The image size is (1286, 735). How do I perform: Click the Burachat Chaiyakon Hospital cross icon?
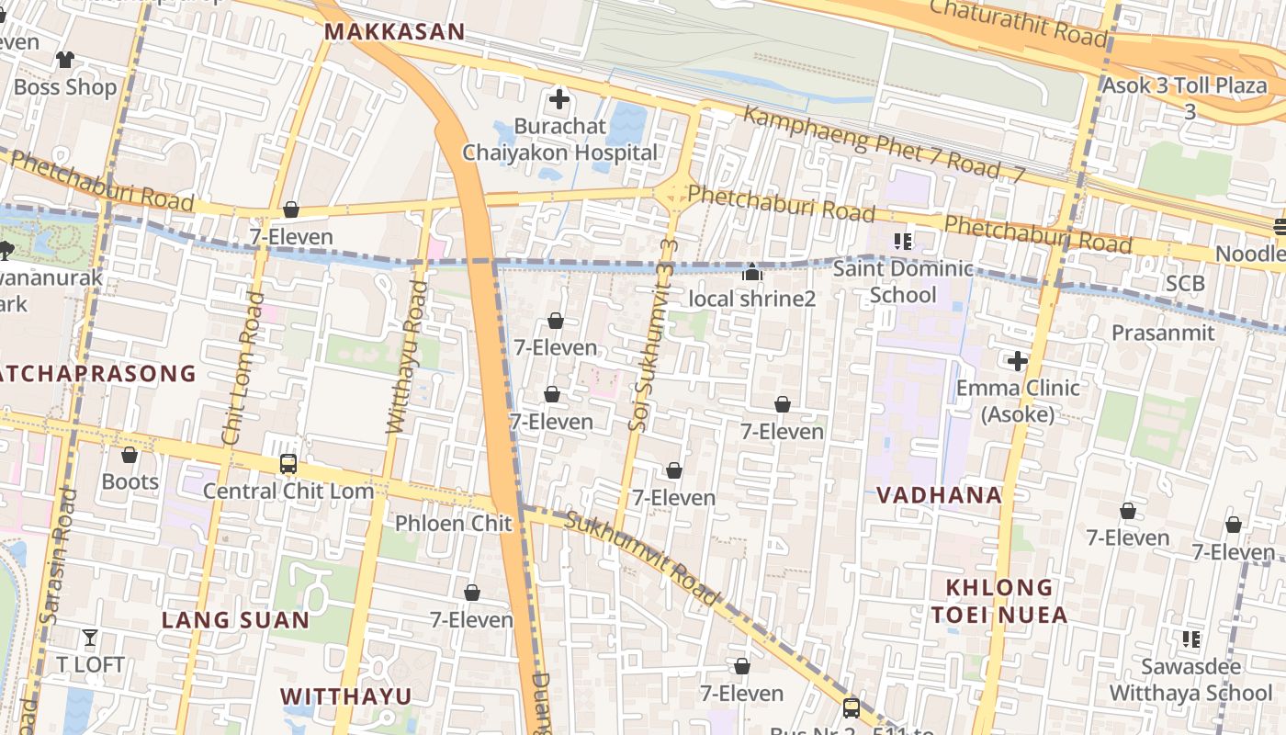[558, 98]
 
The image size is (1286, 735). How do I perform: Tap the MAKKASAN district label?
[395, 32]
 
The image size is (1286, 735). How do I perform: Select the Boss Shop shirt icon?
[64, 60]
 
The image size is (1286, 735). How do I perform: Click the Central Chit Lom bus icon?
[288, 464]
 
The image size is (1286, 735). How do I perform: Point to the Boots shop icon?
[130, 455]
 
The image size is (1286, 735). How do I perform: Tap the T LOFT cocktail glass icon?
[89, 637]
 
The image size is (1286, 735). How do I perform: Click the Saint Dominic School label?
[902, 282]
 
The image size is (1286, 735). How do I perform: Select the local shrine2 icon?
[752, 272]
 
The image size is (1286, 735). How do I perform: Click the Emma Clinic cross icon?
[1017, 361]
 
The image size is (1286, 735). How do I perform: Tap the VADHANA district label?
[938, 495]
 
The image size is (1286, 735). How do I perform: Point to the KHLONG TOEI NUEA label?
[999, 601]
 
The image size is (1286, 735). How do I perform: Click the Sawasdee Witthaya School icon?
[1191, 639]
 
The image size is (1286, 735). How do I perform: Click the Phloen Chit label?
[440, 524]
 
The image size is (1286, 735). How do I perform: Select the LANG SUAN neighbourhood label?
[236, 620]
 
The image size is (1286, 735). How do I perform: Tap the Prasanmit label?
[1163, 333]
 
